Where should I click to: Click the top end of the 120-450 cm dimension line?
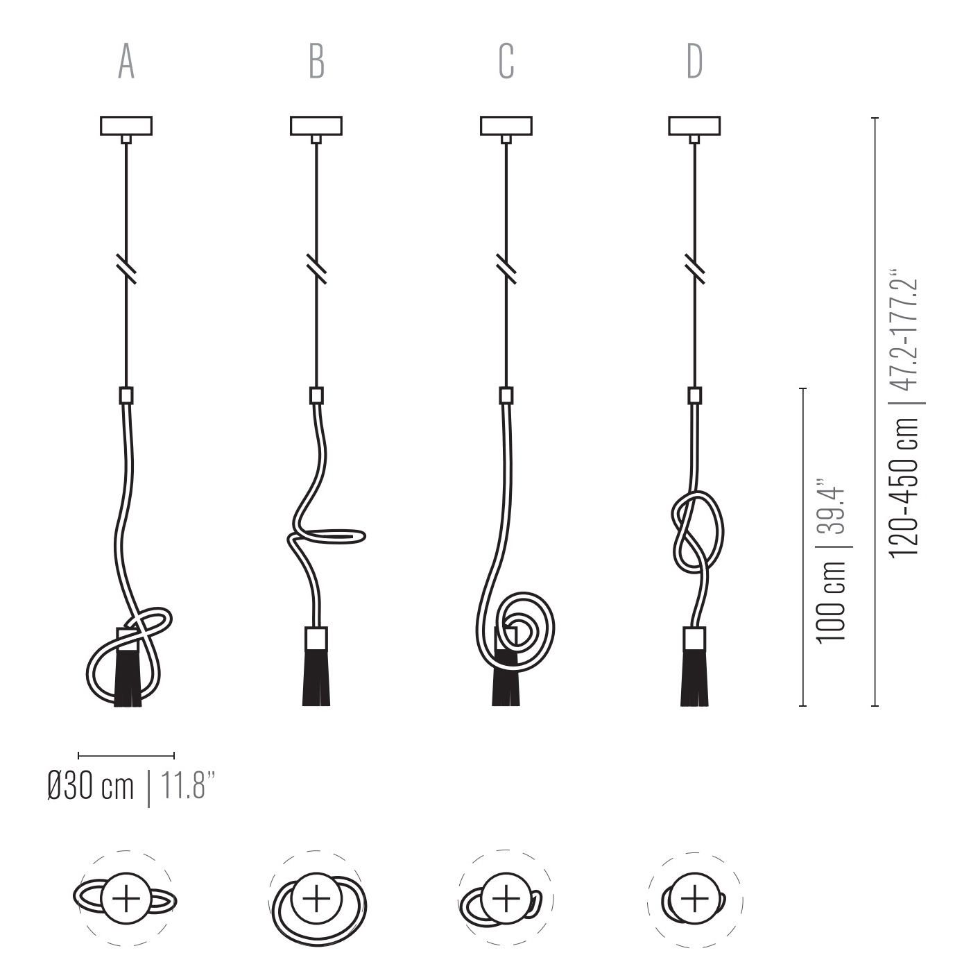(x=875, y=118)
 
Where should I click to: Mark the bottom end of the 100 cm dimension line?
(x=802, y=706)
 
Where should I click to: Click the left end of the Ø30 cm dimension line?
(x=78, y=755)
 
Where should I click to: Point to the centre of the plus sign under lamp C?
(x=506, y=898)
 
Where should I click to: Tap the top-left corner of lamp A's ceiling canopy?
(x=101, y=117)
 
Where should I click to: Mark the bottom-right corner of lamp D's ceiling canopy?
(x=721, y=135)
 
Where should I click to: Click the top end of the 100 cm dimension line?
(x=802, y=388)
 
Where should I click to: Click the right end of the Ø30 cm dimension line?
(x=174, y=755)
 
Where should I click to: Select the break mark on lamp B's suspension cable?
(x=316, y=269)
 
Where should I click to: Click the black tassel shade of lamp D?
(x=694, y=678)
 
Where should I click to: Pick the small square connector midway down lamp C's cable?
(x=506, y=395)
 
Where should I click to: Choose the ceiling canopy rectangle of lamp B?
(x=316, y=126)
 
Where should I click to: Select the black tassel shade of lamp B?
(x=316, y=678)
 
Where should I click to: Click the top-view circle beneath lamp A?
(x=126, y=898)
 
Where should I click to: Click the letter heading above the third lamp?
(x=506, y=61)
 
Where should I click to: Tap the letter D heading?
(x=695, y=61)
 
